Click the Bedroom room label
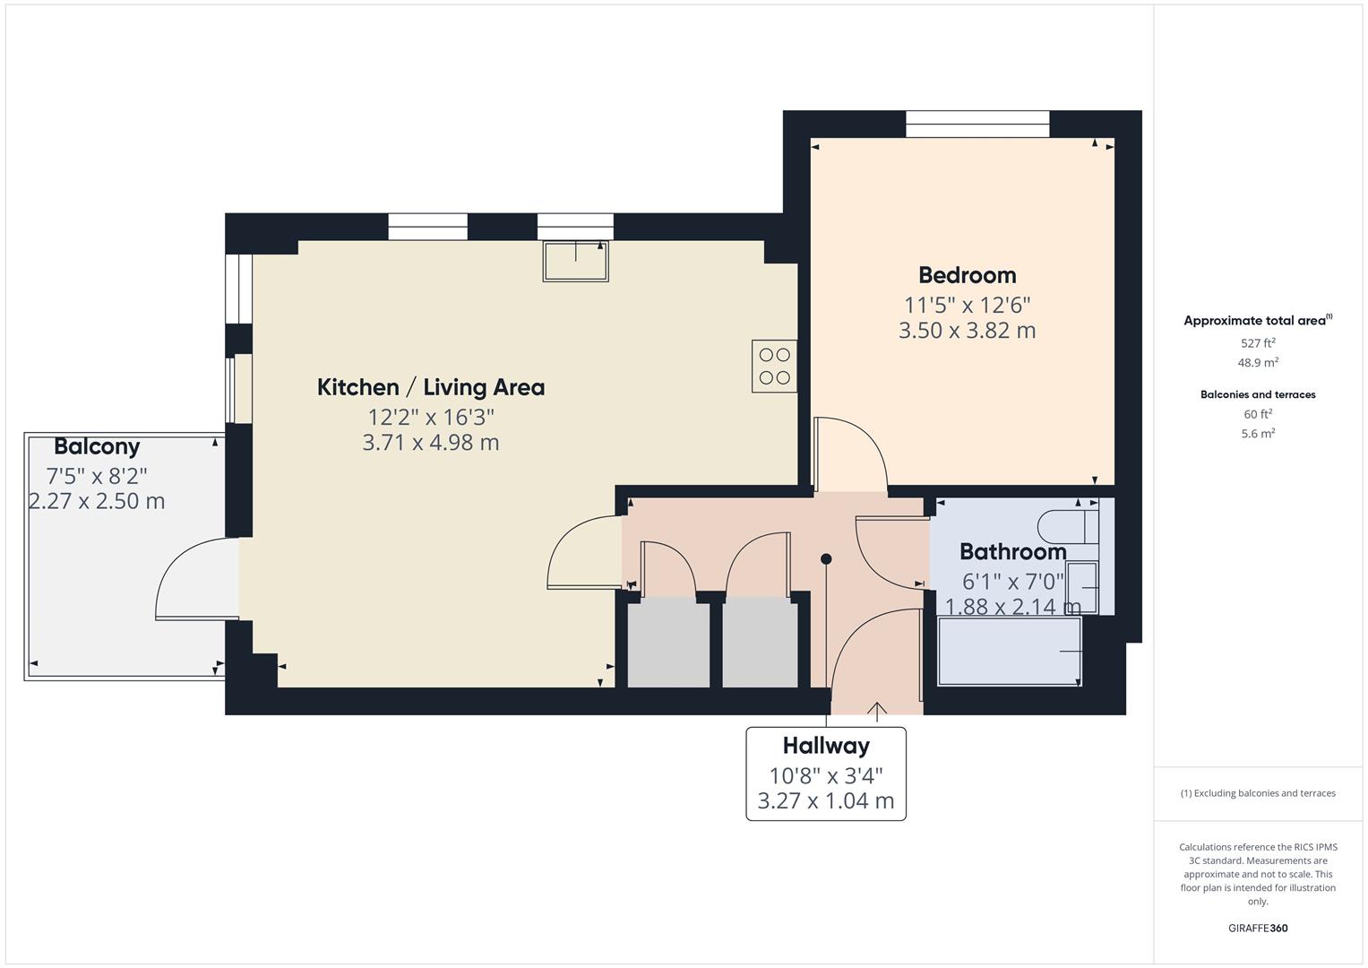tap(967, 275)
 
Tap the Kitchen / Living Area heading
tap(430, 387)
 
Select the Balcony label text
tap(97, 446)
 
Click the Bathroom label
tap(1012, 551)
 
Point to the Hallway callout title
tap(825, 746)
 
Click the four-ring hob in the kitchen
tap(774, 366)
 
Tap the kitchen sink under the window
tap(575, 261)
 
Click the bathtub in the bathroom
tap(1009, 652)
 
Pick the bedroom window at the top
tap(977, 124)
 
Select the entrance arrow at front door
tap(876, 711)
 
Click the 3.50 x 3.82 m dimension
tap(967, 331)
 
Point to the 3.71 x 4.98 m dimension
tap(430, 443)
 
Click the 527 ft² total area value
tap(1258, 343)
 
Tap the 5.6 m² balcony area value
tap(1258, 434)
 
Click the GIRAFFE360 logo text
tap(1257, 928)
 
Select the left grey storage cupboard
tap(668, 644)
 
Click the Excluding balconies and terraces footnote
tap(1257, 793)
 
